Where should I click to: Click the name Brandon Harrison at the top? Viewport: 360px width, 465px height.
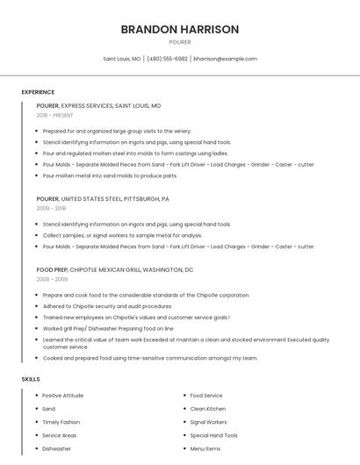180,29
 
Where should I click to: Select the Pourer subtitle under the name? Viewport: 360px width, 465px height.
180,42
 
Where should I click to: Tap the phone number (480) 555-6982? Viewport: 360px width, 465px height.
167,59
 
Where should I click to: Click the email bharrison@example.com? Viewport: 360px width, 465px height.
225,59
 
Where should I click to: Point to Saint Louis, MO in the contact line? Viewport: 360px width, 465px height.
122,59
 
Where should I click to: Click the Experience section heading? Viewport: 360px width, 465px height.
38,92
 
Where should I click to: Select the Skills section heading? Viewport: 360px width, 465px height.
31,379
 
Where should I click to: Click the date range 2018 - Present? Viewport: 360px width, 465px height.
55,115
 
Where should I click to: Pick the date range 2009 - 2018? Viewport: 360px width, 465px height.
51,208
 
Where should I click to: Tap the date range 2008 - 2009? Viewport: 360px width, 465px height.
51,279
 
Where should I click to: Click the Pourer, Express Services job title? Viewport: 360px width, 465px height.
98,105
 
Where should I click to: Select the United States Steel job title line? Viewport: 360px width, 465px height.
103,198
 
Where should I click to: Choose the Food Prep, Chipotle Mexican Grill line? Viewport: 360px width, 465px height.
114,269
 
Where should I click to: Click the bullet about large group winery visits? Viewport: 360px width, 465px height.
117,131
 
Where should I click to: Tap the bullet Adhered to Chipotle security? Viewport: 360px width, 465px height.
107,306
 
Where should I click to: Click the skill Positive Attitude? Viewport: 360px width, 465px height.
63,396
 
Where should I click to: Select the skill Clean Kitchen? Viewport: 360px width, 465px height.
207,409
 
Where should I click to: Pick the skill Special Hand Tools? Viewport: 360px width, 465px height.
213,435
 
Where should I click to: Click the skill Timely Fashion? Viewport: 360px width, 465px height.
61,422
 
